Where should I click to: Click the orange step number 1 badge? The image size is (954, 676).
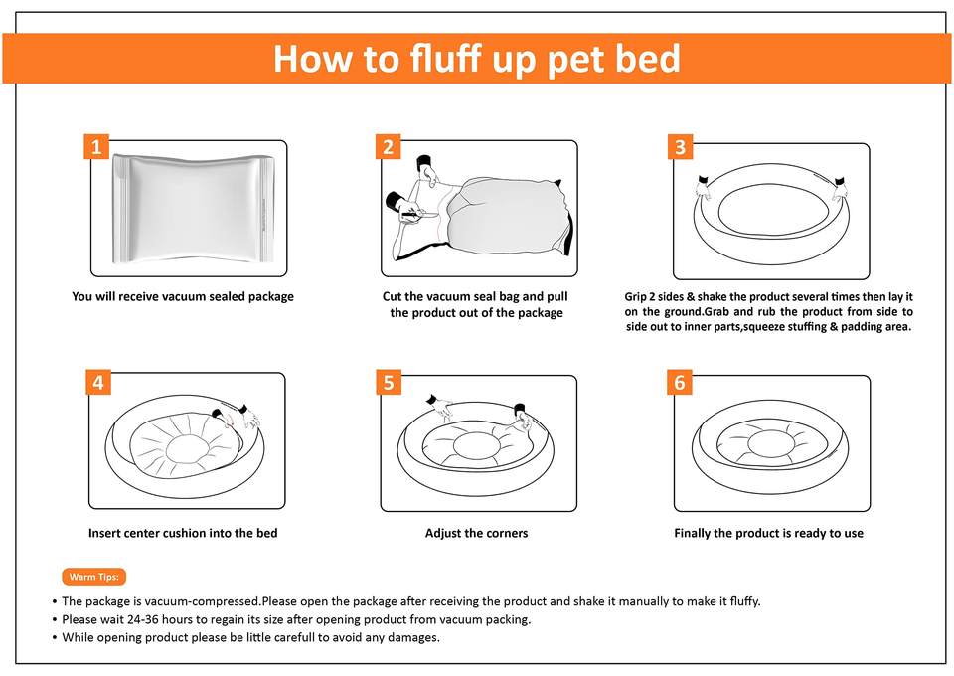pos(96,147)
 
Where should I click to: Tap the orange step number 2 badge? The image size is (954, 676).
pos(389,147)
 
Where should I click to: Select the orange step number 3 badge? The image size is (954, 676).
pos(680,147)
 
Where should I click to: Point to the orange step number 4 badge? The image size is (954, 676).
pos(98,382)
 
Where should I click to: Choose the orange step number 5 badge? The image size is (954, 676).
pos(389,382)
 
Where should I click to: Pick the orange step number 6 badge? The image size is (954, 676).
pos(680,382)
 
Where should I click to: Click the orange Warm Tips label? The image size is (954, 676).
pos(93,577)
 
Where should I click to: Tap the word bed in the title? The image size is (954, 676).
pos(647,59)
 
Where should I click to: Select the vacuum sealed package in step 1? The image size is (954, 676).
pos(194,208)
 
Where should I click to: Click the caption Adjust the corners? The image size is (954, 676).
pos(476,533)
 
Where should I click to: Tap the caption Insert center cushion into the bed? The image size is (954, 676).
pos(183,533)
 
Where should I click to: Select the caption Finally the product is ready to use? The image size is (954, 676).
pos(768,533)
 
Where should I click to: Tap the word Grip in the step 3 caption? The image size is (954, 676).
pos(635,297)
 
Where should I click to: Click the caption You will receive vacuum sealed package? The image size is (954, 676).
pos(183,296)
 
